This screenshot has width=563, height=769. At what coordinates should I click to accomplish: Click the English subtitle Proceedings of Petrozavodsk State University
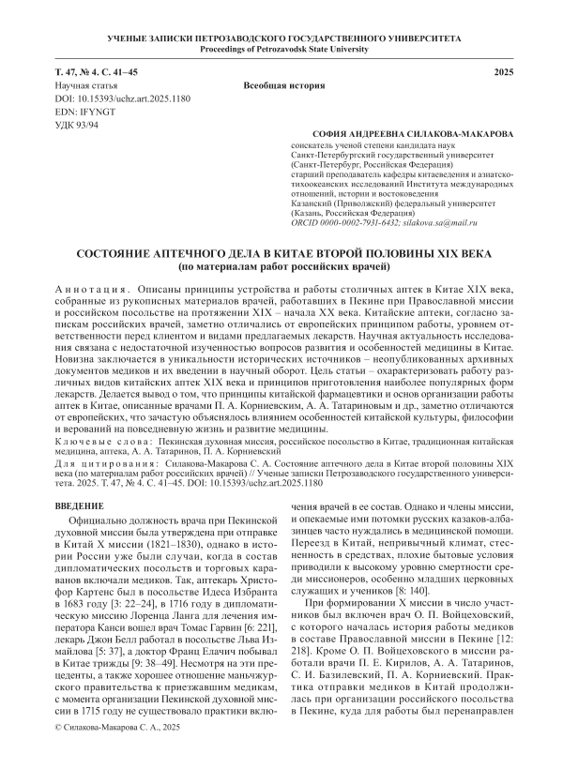click(281, 48)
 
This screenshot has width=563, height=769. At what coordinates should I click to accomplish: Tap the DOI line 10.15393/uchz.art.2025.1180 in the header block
click(113, 98)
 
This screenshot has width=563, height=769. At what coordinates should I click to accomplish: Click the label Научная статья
click(84, 85)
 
